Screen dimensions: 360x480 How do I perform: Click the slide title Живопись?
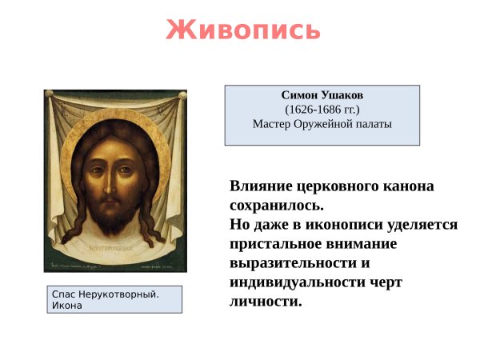click(x=243, y=30)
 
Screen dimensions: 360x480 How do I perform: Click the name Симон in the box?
click(x=299, y=94)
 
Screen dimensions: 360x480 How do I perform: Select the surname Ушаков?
click(x=341, y=94)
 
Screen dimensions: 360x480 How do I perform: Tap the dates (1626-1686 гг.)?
click(x=322, y=109)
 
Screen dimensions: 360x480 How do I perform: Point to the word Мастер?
click(x=272, y=124)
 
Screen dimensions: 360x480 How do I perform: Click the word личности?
click(x=265, y=302)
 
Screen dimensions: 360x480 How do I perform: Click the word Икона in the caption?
click(x=66, y=306)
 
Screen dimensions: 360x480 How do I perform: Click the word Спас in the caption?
click(x=63, y=294)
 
